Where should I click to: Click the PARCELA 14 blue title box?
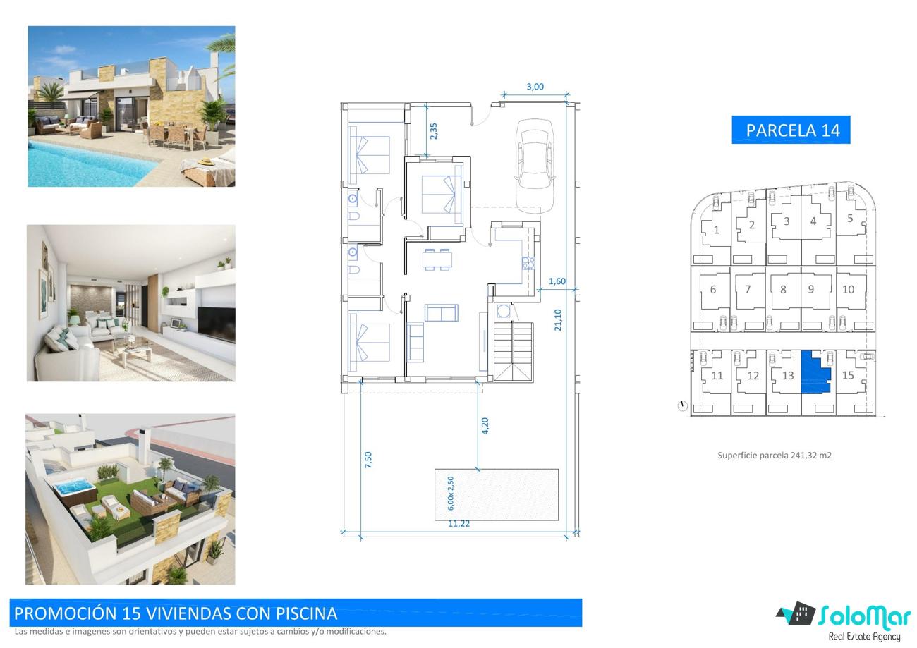click(x=791, y=130)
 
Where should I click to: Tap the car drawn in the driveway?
click(x=535, y=166)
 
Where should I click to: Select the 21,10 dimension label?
click(x=558, y=319)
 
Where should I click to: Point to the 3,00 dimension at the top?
click(x=535, y=87)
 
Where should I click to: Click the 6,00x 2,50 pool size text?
click(x=451, y=494)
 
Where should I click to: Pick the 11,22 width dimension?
click(x=459, y=524)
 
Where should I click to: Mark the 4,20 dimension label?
click(x=485, y=426)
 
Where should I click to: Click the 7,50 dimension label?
click(x=368, y=460)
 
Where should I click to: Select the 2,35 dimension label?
click(x=434, y=131)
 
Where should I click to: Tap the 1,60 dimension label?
click(x=557, y=281)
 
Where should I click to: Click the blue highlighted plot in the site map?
click(x=815, y=372)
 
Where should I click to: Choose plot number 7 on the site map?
click(x=748, y=289)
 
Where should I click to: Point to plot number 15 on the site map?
click(x=848, y=375)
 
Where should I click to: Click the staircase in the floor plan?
click(x=514, y=352)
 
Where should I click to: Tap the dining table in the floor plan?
click(x=437, y=259)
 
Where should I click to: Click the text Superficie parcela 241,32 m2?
click(x=775, y=456)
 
